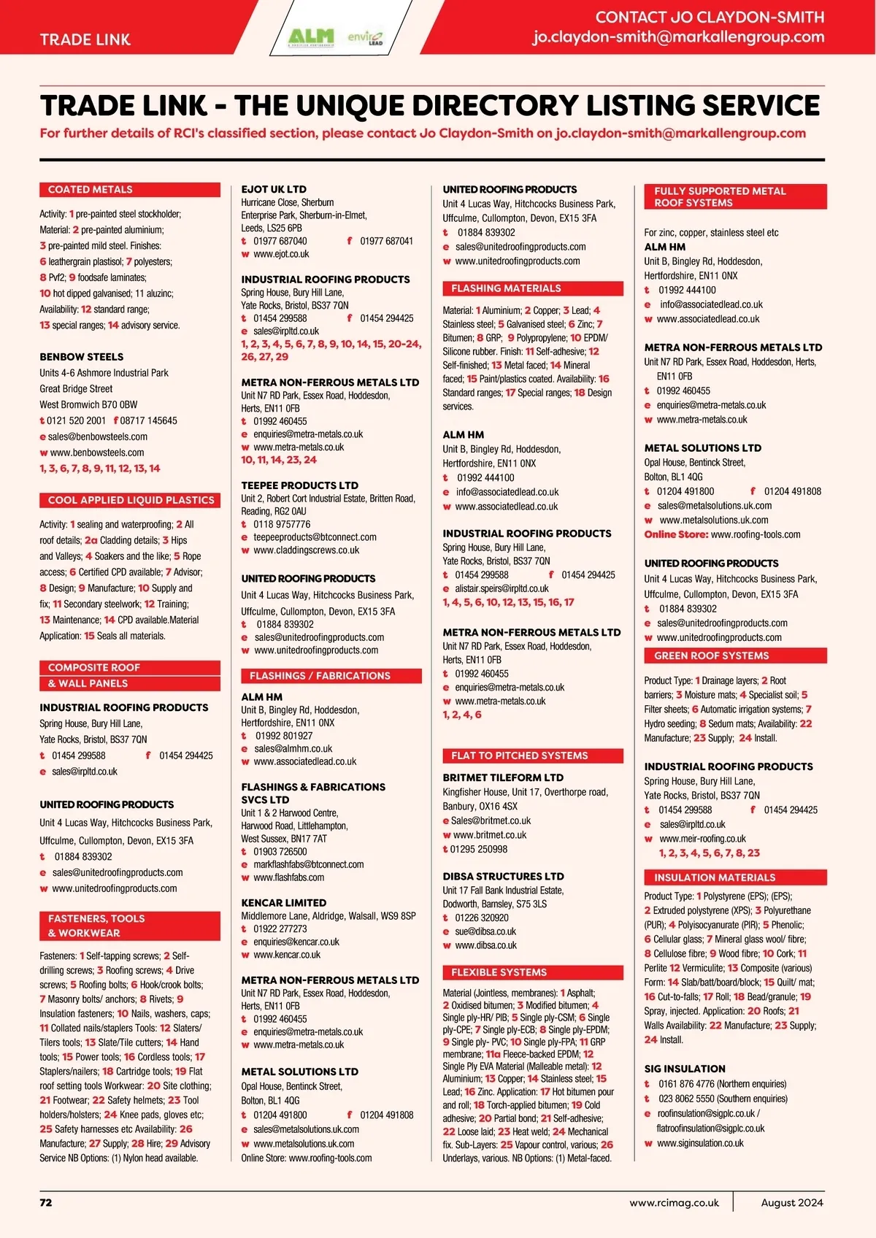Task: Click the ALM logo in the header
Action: tap(310, 36)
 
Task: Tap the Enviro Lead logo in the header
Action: tap(365, 36)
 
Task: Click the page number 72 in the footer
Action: tap(46, 1202)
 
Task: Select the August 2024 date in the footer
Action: tap(792, 1202)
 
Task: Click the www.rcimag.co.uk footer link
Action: tap(674, 1202)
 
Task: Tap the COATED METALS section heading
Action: tap(91, 190)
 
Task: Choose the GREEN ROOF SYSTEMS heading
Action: tap(712, 655)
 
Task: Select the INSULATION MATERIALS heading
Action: tap(715, 877)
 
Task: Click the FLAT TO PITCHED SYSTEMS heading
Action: tap(519, 756)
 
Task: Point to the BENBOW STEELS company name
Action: tap(82, 357)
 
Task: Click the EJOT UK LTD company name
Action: tap(274, 189)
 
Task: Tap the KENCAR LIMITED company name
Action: tap(284, 903)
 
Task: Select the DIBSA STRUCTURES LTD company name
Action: tap(503, 876)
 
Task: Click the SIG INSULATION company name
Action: tap(685, 1069)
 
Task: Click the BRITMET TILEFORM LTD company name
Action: tap(503, 777)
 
